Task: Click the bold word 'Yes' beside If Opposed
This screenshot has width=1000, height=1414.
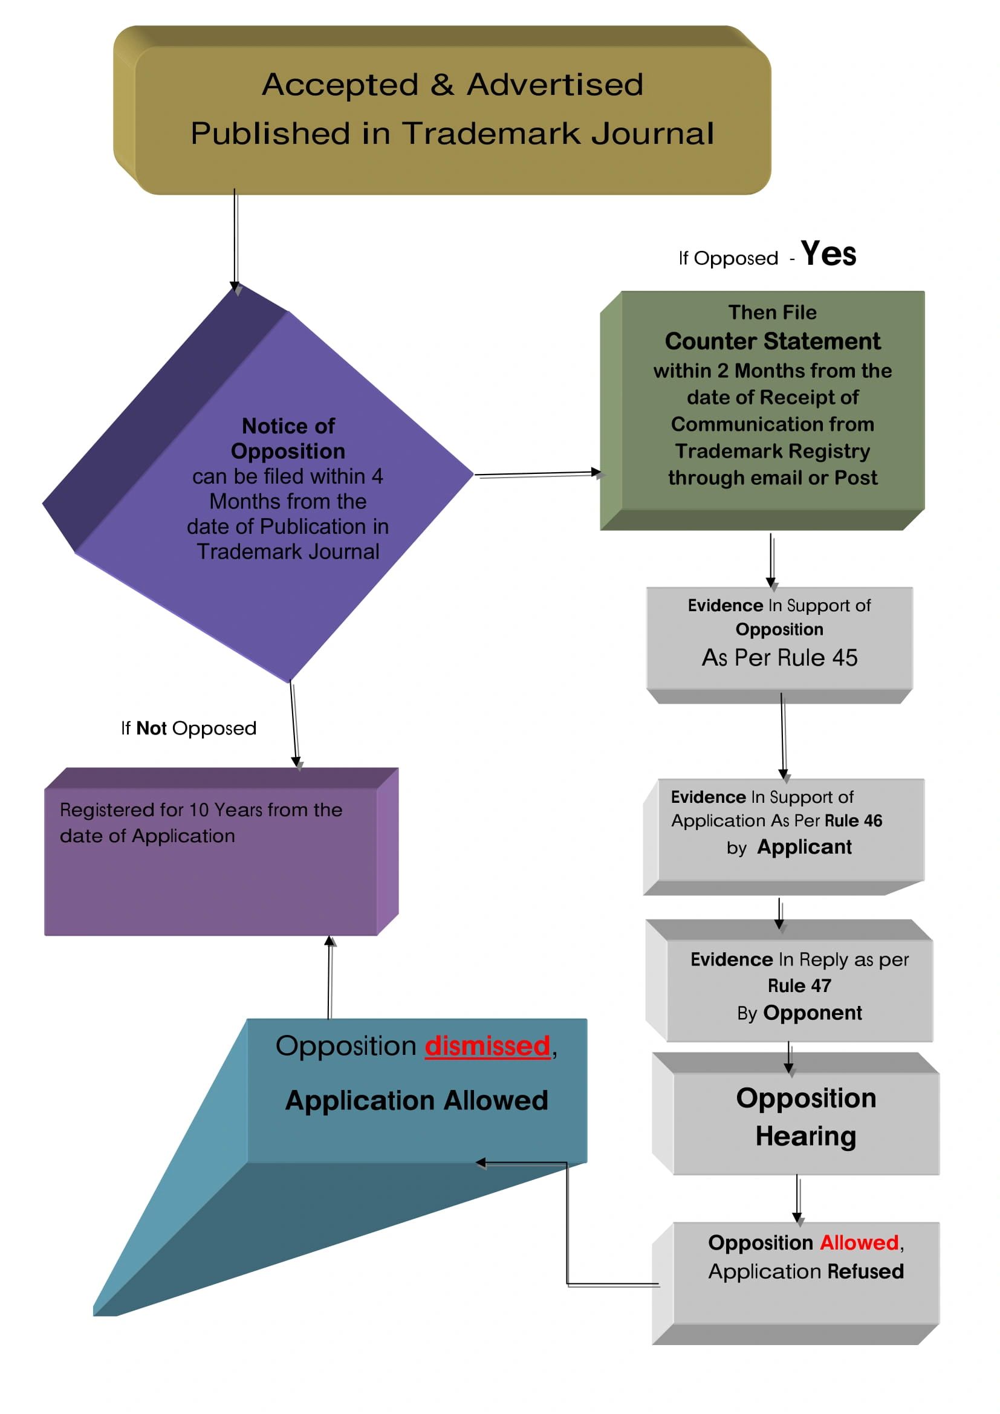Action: (x=828, y=254)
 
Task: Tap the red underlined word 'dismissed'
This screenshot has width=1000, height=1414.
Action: (x=487, y=1046)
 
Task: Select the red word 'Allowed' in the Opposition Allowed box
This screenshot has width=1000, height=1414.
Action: (x=859, y=1243)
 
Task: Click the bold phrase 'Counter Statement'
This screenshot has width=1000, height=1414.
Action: (x=772, y=341)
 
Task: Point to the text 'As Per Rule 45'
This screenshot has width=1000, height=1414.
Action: (x=779, y=658)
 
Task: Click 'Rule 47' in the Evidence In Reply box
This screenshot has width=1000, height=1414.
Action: (x=799, y=986)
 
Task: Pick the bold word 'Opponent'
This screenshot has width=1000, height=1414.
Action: (x=812, y=1013)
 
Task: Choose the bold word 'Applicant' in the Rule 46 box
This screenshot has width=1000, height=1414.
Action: (x=804, y=848)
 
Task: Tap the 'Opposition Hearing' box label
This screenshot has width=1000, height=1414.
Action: (x=806, y=1117)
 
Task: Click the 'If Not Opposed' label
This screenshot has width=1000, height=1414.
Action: (x=189, y=728)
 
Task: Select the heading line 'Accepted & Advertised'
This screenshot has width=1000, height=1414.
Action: (x=453, y=85)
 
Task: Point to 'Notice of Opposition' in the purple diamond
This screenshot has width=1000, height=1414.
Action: (x=288, y=438)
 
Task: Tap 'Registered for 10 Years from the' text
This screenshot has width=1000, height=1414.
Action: (x=201, y=810)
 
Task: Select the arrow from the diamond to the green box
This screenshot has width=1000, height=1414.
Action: (x=537, y=474)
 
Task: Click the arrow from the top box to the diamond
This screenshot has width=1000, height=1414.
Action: (x=235, y=240)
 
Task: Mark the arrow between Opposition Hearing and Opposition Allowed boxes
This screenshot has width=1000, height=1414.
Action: (x=798, y=1198)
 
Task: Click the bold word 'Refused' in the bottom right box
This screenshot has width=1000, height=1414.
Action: (x=865, y=1271)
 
